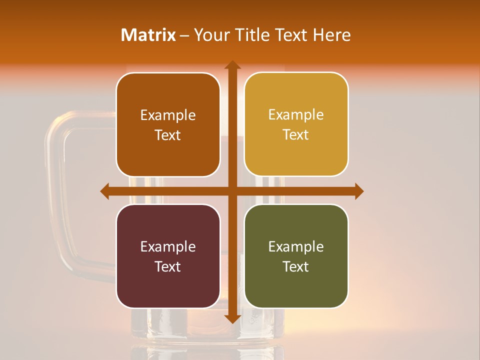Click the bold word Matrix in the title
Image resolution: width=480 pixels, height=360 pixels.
click(x=148, y=35)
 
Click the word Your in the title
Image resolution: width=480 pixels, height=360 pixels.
click(x=210, y=35)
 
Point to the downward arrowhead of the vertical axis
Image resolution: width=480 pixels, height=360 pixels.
click(x=232, y=318)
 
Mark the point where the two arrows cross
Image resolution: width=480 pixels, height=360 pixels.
click(x=232, y=191)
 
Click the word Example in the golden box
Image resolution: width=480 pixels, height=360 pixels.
click(x=296, y=115)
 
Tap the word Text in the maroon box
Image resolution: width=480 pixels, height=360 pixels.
click(x=168, y=266)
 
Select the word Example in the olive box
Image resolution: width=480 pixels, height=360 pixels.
click(x=296, y=246)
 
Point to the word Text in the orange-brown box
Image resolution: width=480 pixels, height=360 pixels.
click(x=168, y=135)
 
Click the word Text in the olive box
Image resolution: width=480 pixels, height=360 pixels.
click(x=296, y=266)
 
